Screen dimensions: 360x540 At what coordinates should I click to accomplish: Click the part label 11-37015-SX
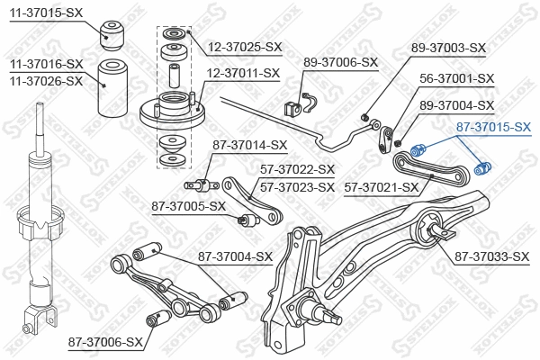46,12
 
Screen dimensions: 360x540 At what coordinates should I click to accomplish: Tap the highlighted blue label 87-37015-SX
494,129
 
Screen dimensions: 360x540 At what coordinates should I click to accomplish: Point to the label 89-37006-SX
340,62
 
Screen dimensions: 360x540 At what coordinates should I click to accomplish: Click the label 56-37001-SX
460,78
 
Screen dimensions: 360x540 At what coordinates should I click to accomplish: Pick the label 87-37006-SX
105,343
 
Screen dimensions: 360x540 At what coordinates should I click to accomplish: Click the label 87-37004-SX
235,257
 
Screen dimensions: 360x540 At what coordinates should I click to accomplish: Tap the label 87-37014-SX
250,144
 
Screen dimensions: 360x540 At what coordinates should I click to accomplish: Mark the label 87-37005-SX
188,206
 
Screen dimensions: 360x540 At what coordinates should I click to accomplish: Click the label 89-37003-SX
448,48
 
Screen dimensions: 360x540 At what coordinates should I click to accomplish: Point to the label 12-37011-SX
244,73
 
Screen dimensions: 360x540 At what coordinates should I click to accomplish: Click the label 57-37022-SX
296,169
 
